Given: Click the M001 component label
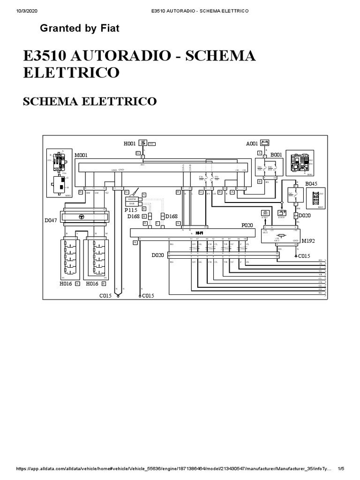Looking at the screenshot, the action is coord(82,154).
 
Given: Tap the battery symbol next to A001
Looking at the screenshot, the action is coord(264,144).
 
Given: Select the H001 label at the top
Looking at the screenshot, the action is coord(130,143).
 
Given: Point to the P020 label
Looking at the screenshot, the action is coord(247,225).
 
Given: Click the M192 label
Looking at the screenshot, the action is coord(308,240).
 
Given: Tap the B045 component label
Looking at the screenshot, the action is coord(312,184).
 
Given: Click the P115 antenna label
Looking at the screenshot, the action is coord(131,210).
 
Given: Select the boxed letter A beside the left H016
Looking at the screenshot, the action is coord(77,284).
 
